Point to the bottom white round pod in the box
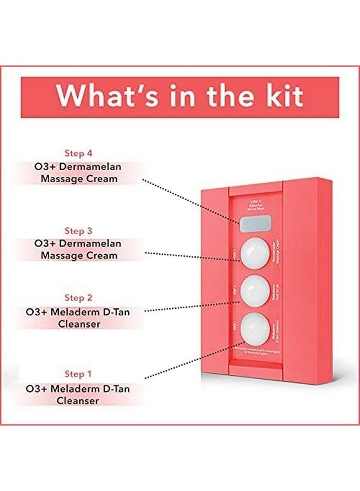(256, 326)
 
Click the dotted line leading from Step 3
(191, 257)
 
